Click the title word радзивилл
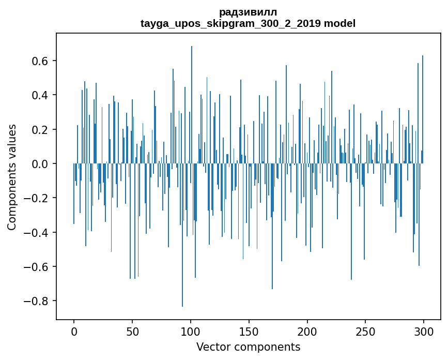tap(248, 12)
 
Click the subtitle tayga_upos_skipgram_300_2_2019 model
tap(248, 23)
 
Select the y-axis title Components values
tap(12, 177)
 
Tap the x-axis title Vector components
tap(248, 347)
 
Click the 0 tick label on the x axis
tap(74, 331)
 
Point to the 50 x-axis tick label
tap(132, 331)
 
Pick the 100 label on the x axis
tap(191, 331)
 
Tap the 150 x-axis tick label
tap(249, 331)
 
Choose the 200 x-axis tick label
tap(307, 331)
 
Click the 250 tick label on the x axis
tap(366, 331)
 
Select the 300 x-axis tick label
tap(424, 331)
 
